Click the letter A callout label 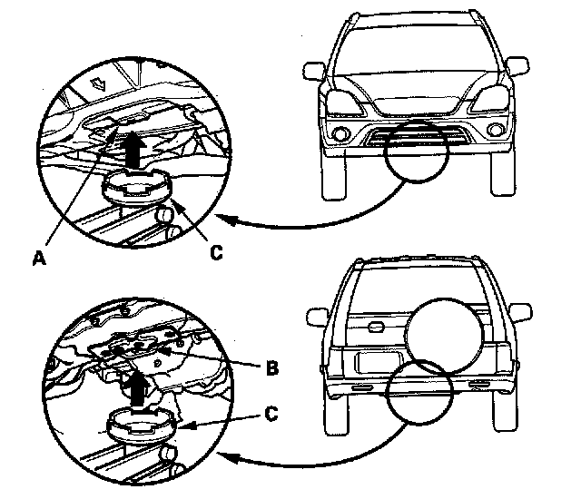(38, 257)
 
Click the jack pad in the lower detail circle (136, 425)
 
